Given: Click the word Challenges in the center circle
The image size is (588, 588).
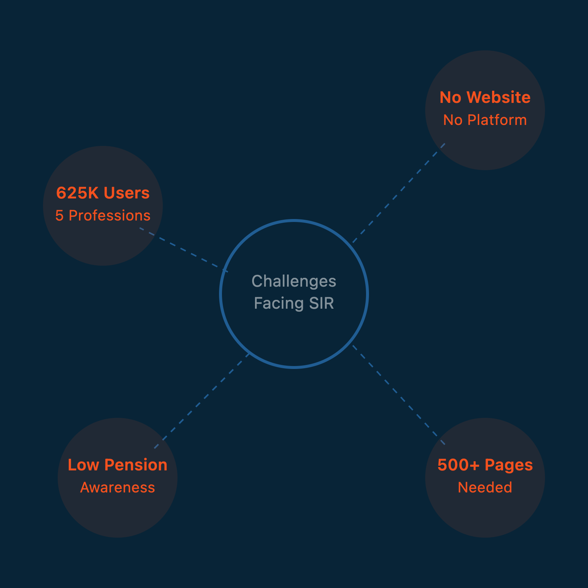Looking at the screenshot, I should click(x=294, y=282).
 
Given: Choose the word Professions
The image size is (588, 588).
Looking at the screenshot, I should click(x=110, y=216).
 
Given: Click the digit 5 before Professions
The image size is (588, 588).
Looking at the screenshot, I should click(x=59, y=216).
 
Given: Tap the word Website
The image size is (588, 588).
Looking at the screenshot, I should click(x=499, y=98).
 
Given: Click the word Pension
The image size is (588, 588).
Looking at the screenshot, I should click(x=136, y=465).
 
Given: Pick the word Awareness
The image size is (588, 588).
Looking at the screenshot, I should click(x=118, y=488).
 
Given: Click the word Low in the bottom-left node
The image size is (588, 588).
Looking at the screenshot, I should click(x=83, y=465).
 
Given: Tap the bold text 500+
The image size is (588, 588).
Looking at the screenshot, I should click(x=458, y=465).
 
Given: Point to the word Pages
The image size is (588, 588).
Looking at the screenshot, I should click(x=509, y=465).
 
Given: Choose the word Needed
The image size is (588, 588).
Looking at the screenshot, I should click(x=485, y=488).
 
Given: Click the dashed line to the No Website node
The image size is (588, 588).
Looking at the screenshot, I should click(x=399, y=193).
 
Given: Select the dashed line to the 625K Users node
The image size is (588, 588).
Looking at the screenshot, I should click(x=184, y=250).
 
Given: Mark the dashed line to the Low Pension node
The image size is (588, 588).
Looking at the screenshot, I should click(x=202, y=401).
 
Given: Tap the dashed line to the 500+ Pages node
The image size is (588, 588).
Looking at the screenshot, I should click(x=399, y=395).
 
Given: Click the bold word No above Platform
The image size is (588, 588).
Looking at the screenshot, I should click(x=450, y=98).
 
